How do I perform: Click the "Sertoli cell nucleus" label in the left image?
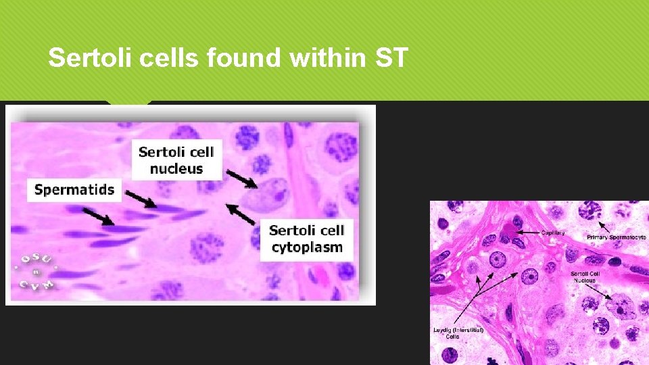[176, 160]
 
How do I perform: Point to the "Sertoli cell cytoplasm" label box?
[306, 239]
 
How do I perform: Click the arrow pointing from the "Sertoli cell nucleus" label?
[241, 179]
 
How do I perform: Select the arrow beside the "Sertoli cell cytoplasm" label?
[241, 214]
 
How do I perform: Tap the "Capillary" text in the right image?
[552, 233]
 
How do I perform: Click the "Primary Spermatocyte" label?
[616, 238]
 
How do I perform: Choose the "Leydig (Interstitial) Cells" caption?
[458, 333]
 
